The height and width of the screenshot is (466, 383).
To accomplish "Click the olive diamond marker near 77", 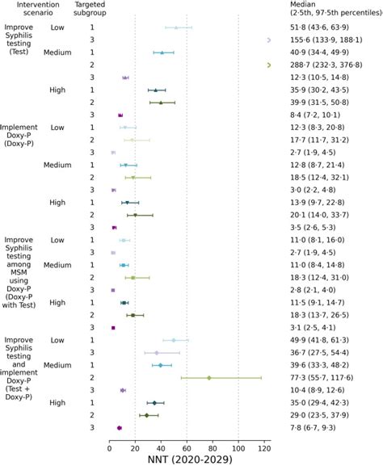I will click(209, 378).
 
